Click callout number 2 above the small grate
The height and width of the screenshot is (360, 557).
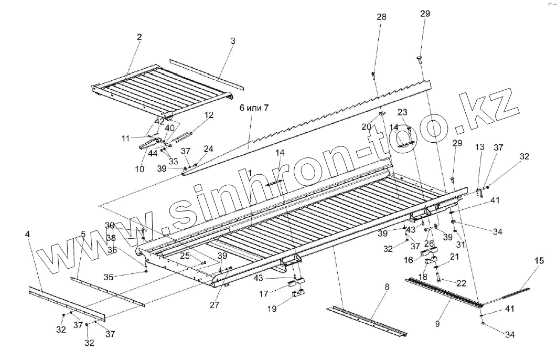[x=140, y=37]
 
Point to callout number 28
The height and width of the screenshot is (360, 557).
[x=381, y=17]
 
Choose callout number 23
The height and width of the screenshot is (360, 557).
[x=402, y=112]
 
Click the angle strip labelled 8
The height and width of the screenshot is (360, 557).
[x=367, y=321]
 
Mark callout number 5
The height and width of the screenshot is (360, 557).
[x=83, y=234]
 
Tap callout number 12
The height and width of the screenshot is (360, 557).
[x=208, y=114]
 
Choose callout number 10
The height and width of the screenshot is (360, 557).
[x=140, y=169]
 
